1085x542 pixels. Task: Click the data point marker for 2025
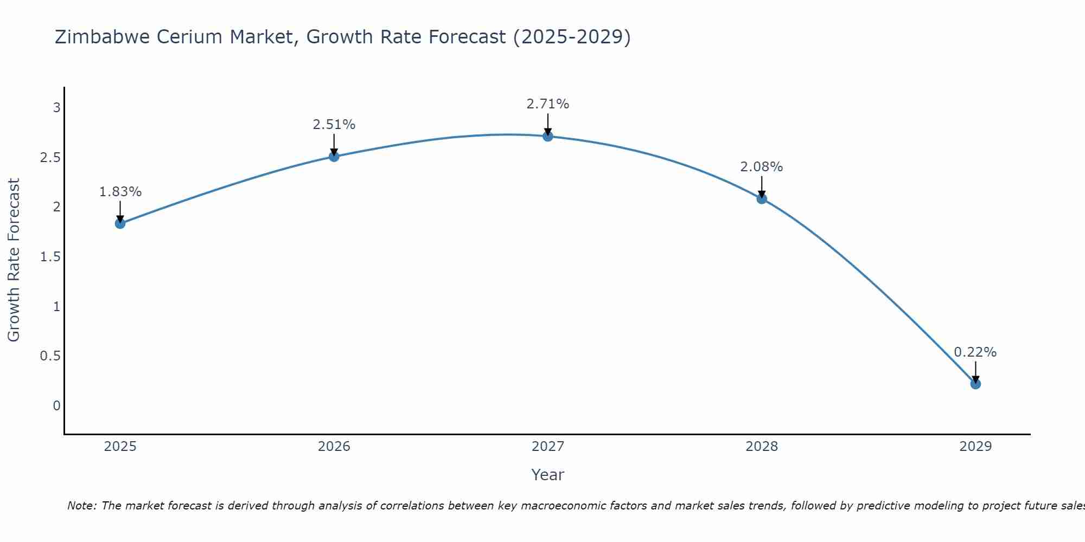pyautogui.click(x=120, y=223)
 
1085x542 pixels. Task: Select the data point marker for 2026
pyautogui.click(x=334, y=157)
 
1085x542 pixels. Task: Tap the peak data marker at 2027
pyautogui.click(x=548, y=136)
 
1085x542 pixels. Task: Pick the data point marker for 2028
pyautogui.click(x=762, y=198)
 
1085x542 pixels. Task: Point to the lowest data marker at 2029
pyautogui.click(x=975, y=384)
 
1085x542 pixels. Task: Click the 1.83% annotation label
pyautogui.click(x=120, y=192)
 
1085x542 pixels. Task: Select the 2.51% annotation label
pyautogui.click(x=334, y=125)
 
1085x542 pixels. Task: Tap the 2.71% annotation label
pyautogui.click(x=548, y=104)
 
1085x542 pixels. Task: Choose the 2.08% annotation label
pyautogui.click(x=762, y=167)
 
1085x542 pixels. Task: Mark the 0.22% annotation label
pyautogui.click(x=975, y=352)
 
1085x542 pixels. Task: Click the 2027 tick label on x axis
pyautogui.click(x=548, y=447)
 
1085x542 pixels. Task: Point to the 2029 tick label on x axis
pyautogui.click(x=975, y=447)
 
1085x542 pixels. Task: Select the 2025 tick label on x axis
pyautogui.click(x=120, y=447)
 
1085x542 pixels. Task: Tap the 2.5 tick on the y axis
pyautogui.click(x=50, y=158)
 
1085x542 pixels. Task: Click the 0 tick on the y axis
pyautogui.click(x=56, y=406)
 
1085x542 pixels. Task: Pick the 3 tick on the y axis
pyautogui.click(x=56, y=108)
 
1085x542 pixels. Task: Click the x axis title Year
pyautogui.click(x=548, y=475)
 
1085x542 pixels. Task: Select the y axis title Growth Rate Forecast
pyautogui.click(x=14, y=260)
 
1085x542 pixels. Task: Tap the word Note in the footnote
pyautogui.click(x=81, y=506)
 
